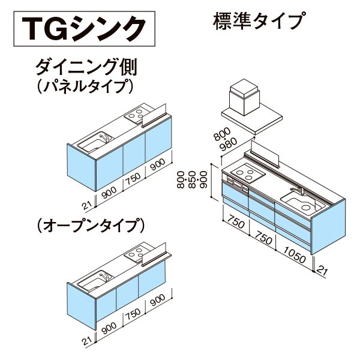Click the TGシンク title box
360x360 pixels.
pos(84,29)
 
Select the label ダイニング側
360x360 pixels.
pos(86,67)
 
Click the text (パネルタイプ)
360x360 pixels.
pos(85,86)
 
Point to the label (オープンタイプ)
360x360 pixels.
pos(91,225)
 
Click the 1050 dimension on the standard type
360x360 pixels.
pos(295,254)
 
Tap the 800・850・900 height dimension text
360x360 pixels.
pos(192,179)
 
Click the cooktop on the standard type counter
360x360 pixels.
pos(248,173)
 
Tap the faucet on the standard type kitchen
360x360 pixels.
pos(298,190)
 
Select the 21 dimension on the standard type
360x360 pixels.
pos(322,271)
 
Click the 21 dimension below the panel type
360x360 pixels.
pos(88,205)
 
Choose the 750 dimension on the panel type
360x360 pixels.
pos(134,179)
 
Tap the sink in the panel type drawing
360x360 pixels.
pos(95,142)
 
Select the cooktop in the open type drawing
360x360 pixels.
pos(137,253)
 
